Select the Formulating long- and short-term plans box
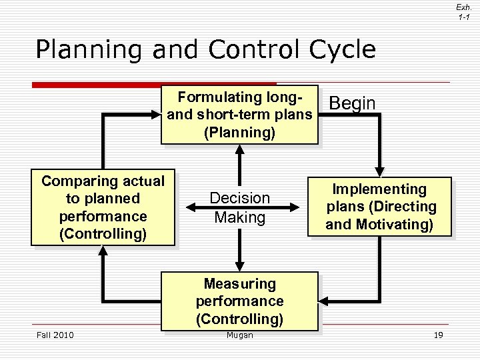[239, 115]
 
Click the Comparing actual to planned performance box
[103, 207]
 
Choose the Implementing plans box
[379, 207]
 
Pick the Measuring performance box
[240, 301]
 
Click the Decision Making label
[240, 207]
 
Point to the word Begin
[353, 103]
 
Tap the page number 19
[438, 335]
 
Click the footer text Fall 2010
[55, 335]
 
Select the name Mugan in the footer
[240, 335]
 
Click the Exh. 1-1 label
[464, 11]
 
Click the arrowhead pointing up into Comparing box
[103, 251]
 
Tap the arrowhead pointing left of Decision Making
[189, 208]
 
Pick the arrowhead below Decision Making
[239, 265]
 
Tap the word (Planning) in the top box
[239, 133]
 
